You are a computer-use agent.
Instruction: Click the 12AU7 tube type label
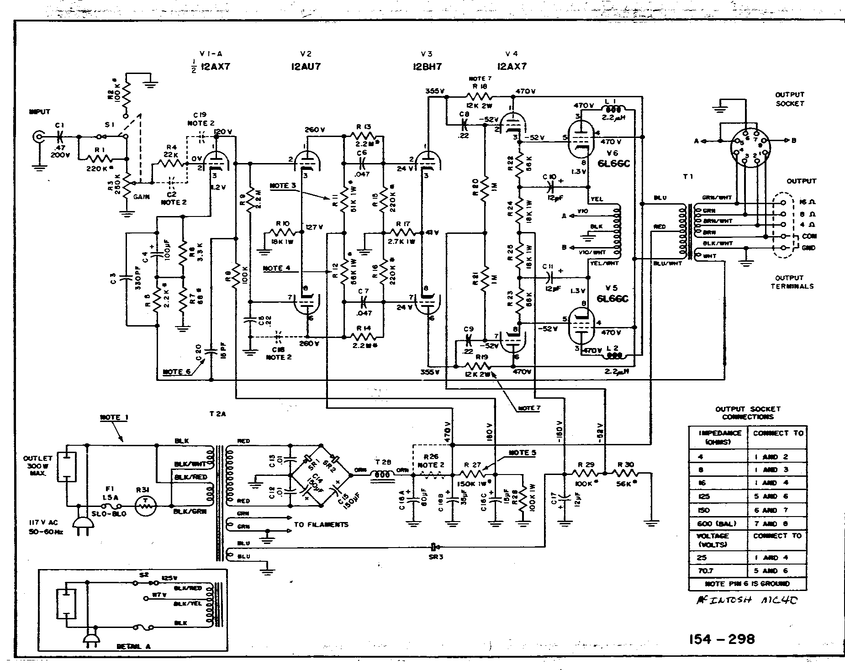point(306,66)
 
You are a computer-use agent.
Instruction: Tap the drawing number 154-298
point(721,638)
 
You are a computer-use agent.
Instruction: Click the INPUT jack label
point(40,111)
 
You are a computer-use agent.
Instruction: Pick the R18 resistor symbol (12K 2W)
point(479,96)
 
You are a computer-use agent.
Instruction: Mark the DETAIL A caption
point(132,647)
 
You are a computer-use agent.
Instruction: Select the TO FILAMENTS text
point(321,525)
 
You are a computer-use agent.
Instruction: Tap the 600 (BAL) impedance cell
point(715,523)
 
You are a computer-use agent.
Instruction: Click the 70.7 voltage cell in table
point(704,570)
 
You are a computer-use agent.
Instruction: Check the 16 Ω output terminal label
point(808,202)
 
